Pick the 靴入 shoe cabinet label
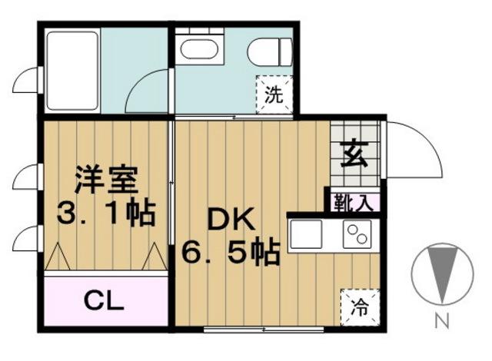tap(354, 204)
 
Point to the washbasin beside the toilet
tap(200, 51)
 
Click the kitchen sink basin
tap(307, 233)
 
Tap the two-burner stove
tap(357, 233)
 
